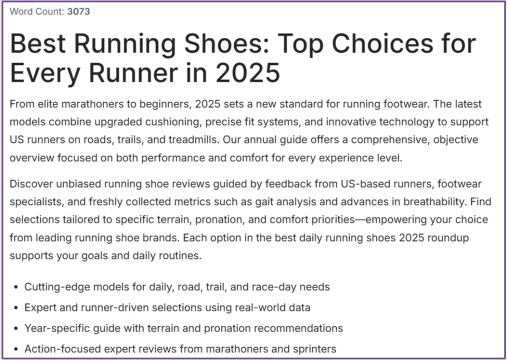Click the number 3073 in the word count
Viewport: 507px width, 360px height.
(78, 11)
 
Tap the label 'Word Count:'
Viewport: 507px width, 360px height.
(37, 11)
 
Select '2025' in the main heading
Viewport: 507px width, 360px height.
(247, 73)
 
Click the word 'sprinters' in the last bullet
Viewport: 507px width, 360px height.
(314, 348)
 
